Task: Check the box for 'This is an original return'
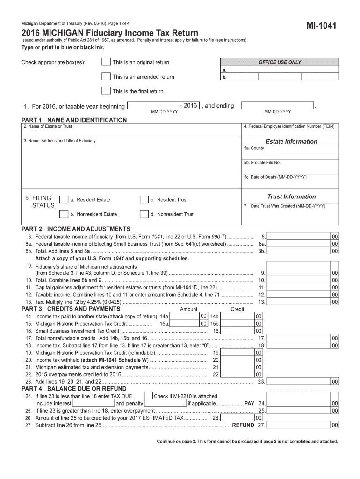[106, 62]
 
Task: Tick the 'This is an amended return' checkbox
[106, 77]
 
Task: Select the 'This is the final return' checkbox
[106, 91]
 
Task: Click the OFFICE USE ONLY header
[280, 62]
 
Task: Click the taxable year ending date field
[278, 105]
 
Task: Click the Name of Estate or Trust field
[131, 133]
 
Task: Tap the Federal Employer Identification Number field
[290, 133]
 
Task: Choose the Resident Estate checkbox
[64, 200]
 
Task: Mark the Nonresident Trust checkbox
[144, 214]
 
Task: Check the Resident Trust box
[144, 200]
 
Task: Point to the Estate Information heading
[291, 141]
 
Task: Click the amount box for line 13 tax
[299, 302]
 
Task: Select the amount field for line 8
[299, 237]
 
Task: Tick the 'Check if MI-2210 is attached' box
[148, 396]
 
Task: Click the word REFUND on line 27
[243, 425]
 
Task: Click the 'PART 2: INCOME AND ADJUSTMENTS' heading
[76, 229]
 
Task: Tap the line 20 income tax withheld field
[238, 360]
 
